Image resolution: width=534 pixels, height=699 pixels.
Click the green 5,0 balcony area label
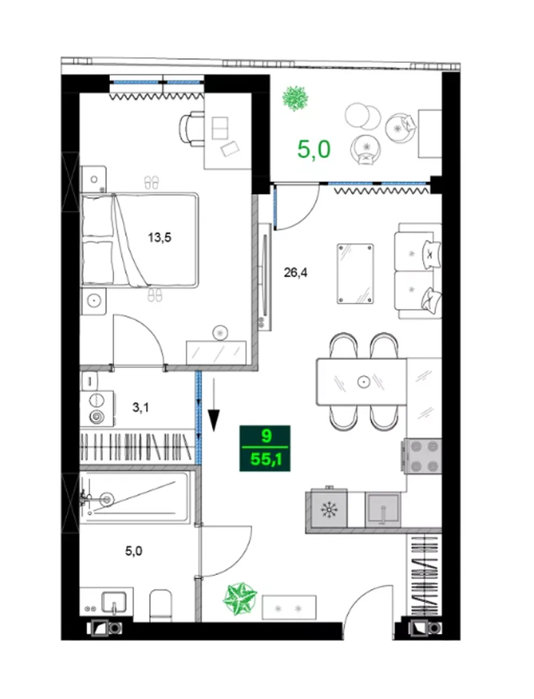tap(314, 149)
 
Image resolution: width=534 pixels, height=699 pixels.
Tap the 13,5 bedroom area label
tap(160, 238)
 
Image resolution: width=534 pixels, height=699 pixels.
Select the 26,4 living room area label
tap(295, 273)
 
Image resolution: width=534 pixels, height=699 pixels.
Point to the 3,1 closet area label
tap(140, 407)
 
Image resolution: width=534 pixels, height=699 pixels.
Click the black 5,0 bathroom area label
tap(134, 551)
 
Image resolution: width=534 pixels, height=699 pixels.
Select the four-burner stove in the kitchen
tap(422, 456)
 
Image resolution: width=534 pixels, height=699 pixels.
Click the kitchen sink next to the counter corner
tap(383, 510)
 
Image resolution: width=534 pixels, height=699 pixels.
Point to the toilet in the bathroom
tap(161, 605)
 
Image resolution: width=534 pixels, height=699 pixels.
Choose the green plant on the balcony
tap(295, 98)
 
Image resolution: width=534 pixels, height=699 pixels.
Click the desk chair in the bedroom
tap(191, 129)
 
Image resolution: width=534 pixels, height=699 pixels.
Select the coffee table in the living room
tap(355, 274)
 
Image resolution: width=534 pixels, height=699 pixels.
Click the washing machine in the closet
tap(97, 409)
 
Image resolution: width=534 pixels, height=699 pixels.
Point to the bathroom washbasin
tap(113, 601)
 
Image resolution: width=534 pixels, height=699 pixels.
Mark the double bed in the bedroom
tap(139, 240)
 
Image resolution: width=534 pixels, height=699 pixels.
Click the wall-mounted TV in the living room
tap(265, 277)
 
